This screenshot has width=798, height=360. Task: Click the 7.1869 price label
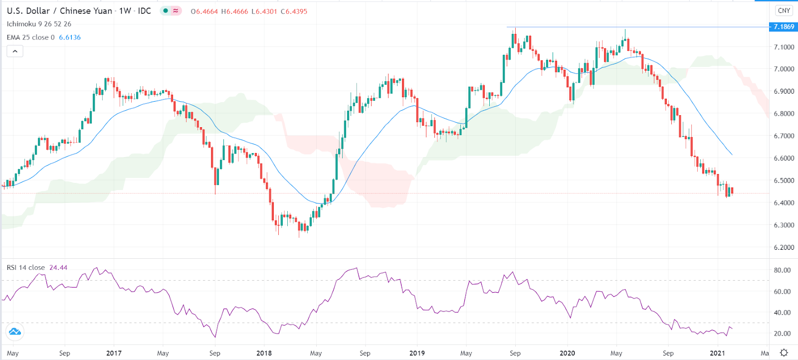coord(784,27)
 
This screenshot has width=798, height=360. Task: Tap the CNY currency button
coord(784,10)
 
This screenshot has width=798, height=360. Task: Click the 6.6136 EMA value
coord(70,37)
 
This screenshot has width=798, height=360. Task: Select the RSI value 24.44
coord(58,268)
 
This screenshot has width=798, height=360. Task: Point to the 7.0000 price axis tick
coord(784,69)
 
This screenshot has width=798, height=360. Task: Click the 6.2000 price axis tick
coord(784,248)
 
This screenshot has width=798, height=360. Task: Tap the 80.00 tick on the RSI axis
coord(782,270)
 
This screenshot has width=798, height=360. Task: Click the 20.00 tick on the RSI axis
coord(782,334)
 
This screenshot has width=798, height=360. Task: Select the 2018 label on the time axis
coord(264,353)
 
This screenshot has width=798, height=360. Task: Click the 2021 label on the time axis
coord(717,353)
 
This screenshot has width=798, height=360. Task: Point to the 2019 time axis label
coord(417,353)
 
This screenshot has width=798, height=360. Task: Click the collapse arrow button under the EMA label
coord(15,51)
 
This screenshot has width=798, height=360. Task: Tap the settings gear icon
coord(784,353)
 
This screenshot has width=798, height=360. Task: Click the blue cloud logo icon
coord(14,332)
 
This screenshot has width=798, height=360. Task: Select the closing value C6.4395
coord(294,11)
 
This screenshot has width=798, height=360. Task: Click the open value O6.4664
coord(204,11)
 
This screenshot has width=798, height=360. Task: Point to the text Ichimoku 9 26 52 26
coord(39,24)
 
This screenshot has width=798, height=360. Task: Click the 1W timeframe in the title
coord(125,11)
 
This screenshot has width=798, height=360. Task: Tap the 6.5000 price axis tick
coord(784,180)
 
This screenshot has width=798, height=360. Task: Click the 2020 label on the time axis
coord(567,353)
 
